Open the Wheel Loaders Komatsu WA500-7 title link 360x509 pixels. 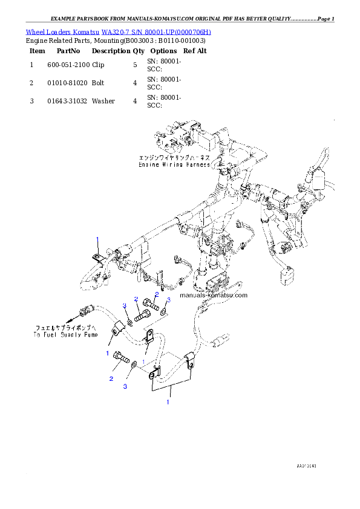(119, 31)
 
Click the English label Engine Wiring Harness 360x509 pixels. (174, 164)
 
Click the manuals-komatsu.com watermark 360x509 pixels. (214, 296)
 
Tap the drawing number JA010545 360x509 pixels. (307, 467)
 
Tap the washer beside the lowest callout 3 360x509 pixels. (134, 365)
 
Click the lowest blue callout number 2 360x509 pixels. (111, 379)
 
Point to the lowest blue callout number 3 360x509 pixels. (125, 386)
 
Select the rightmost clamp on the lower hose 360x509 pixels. (189, 364)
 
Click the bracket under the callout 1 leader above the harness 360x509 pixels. (97, 260)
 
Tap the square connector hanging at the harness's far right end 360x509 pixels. (286, 275)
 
